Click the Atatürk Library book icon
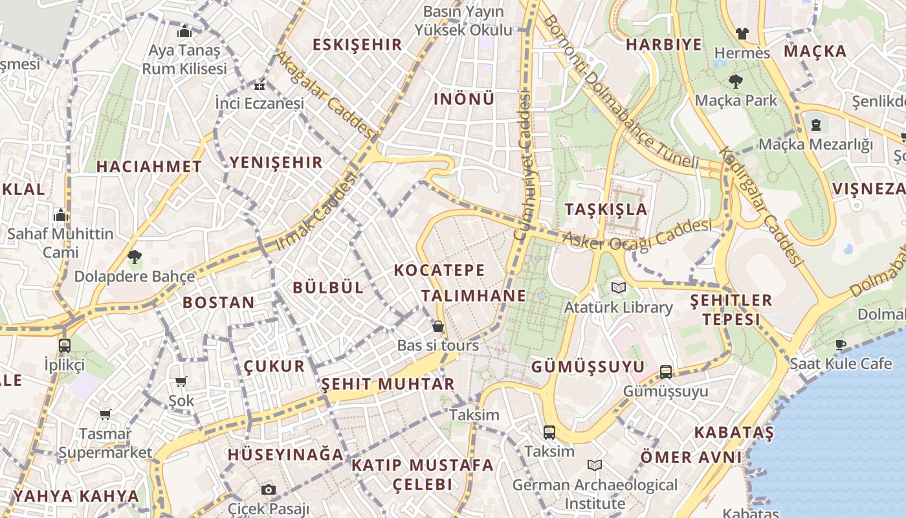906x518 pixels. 619,287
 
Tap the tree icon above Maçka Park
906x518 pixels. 735,82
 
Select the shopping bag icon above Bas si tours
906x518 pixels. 438,326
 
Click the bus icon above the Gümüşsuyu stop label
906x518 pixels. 666,372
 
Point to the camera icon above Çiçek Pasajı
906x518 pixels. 269,490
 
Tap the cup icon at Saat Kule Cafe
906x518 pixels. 841,344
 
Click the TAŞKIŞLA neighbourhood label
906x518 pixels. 606,209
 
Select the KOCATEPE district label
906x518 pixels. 439,270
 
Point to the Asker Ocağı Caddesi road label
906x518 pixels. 637,234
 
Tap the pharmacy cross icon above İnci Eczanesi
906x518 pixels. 260,85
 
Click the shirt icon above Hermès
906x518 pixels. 742,33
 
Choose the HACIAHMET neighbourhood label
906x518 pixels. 149,166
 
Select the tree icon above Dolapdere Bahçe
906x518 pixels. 135,257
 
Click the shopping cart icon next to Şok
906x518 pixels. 181,382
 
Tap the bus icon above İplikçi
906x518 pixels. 65,345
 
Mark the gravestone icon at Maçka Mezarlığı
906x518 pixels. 816,124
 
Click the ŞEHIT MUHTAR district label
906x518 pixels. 388,384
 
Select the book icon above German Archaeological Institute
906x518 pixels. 595,466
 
